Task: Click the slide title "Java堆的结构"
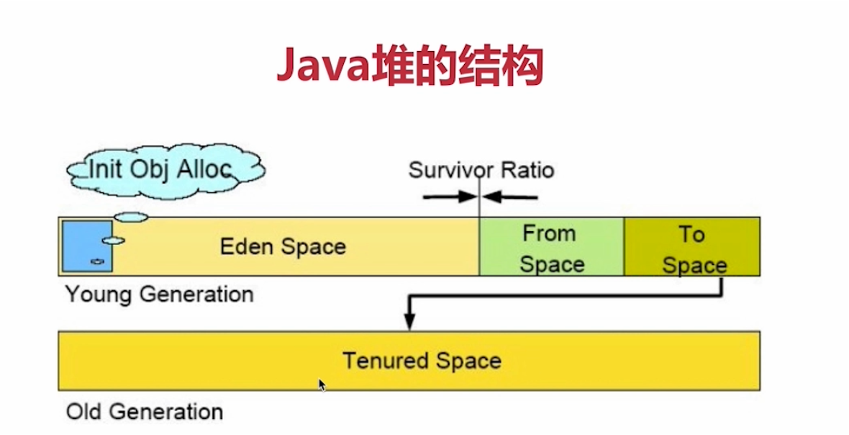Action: tap(409, 67)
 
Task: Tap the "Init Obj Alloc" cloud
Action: tap(165, 170)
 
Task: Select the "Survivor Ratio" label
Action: tap(481, 171)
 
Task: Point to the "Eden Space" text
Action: tap(283, 247)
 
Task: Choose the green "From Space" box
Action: tap(551, 248)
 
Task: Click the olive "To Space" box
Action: tap(692, 248)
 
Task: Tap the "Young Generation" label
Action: tap(159, 295)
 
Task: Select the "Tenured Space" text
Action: tap(422, 360)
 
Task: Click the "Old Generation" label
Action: tap(145, 412)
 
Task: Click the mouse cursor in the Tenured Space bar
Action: tap(322, 385)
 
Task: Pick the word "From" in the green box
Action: tap(549, 233)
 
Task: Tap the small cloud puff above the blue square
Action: tap(131, 216)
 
